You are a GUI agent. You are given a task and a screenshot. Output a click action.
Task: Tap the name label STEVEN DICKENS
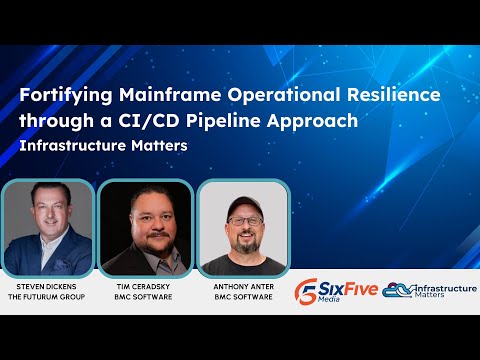pos(47,287)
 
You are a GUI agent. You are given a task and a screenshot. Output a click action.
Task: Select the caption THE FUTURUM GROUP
pos(47,297)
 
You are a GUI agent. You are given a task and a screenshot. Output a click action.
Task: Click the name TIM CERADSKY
pos(146,287)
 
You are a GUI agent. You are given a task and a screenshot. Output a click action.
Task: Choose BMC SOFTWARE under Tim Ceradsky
pos(146,297)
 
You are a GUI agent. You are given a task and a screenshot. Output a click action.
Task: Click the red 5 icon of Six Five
pos(308,291)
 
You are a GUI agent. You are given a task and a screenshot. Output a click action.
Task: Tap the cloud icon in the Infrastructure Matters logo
pos(397,291)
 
